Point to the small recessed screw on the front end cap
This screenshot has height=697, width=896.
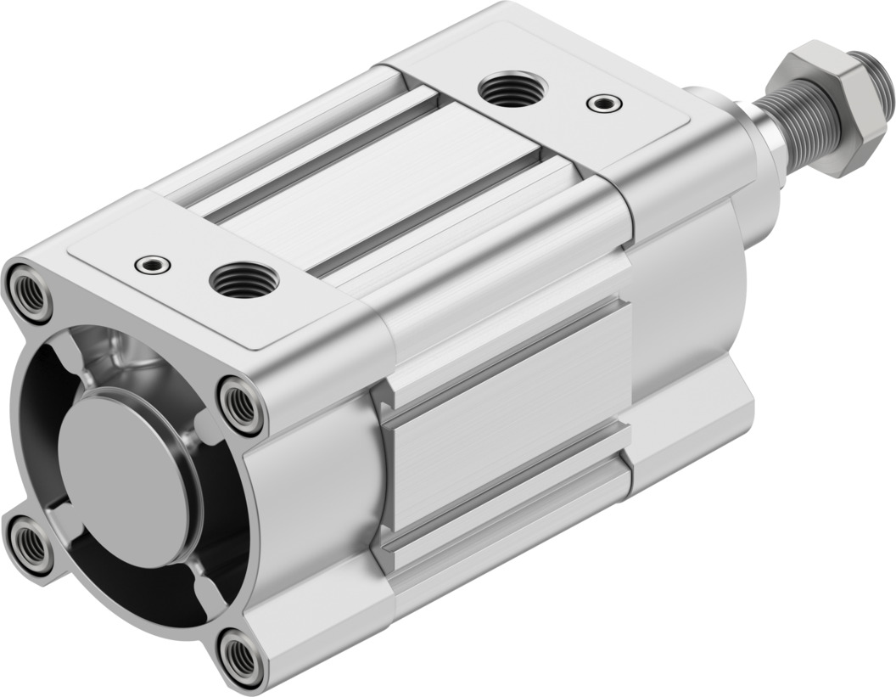click(x=153, y=264)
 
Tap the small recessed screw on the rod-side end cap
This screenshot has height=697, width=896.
click(x=603, y=103)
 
